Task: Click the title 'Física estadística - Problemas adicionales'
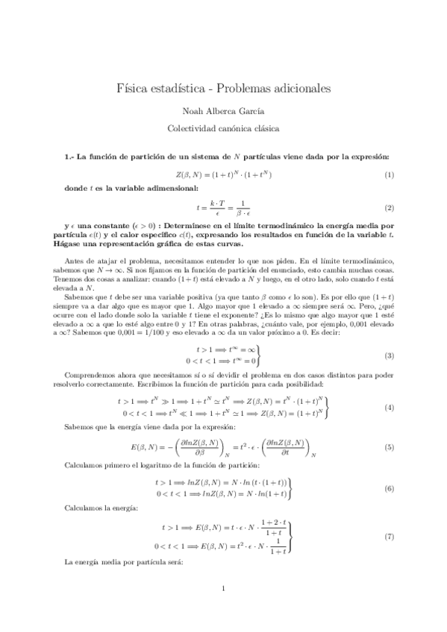(x=223, y=89)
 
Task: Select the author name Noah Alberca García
(x=223, y=110)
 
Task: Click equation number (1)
(x=389, y=174)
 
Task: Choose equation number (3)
(x=389, y=335)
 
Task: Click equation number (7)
(x=389, y=537)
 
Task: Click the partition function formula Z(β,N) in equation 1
(x=223, y=174)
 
